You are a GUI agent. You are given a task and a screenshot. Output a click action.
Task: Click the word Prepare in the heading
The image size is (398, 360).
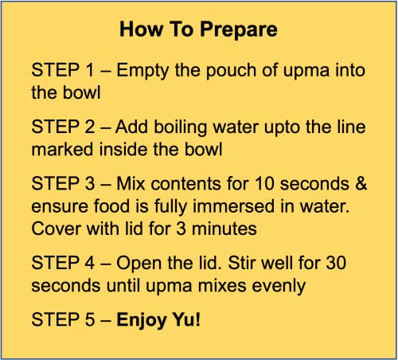[x=239, y=30]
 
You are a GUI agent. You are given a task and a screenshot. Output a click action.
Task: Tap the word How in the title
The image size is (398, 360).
[x=141, y=29]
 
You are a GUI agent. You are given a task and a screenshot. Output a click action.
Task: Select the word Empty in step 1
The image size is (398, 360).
[x=142, y=71]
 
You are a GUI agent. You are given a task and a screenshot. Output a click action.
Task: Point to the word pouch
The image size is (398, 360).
[x=232, y=71]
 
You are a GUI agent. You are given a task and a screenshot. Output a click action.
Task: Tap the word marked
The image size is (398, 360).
[x=63, y=150]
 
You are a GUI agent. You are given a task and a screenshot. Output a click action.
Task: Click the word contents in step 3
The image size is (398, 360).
[x=186, y=184]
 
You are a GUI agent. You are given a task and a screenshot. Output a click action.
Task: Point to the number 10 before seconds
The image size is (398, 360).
[x=264, y=184]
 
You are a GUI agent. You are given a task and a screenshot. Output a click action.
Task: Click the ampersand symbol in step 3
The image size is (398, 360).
[x=361, y=184]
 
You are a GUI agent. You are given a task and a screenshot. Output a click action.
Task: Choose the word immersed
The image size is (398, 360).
[x=233, y=206]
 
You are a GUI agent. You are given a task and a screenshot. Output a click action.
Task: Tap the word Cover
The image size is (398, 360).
[x=57, y=229]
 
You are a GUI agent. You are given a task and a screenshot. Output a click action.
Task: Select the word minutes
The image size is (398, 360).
[x=224, y=229]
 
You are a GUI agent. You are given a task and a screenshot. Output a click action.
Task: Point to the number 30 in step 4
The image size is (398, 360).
[x=336, y=263]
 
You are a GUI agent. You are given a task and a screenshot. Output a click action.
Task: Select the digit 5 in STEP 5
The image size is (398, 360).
[x=90, y=319]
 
